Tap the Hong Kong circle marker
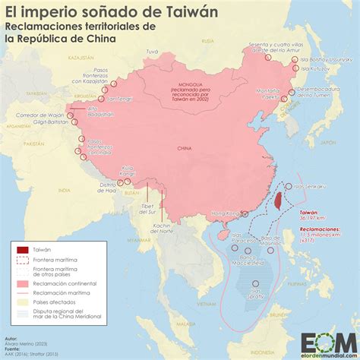pyautogui.click(x=244, y=213)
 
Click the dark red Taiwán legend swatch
pyautogui.click(x=23, y=250)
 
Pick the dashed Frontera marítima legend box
pyautogui.click(x=23, y=260)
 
